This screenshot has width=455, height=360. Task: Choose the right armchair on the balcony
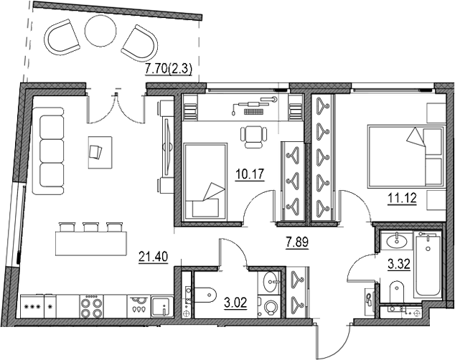pos(139,42)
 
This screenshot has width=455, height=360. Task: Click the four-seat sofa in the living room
pos(50,150)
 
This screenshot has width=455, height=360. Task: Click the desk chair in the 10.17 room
pos(250,136)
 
